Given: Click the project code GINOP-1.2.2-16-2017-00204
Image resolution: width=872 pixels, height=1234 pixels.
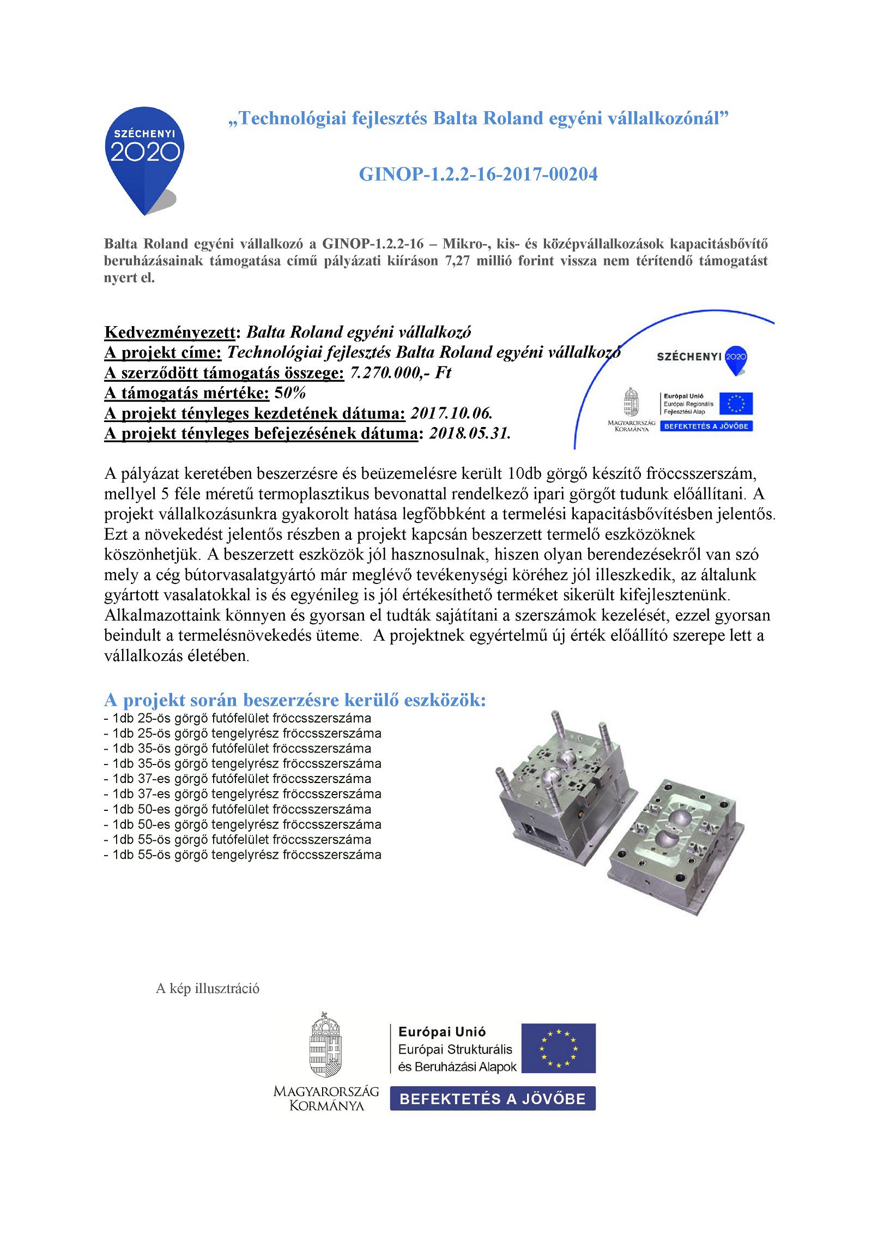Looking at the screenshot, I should pos(478,174).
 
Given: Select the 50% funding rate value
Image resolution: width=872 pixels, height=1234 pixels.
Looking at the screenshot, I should pos(290,393).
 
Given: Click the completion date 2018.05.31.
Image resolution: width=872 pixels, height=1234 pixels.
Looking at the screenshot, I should pos(470,434).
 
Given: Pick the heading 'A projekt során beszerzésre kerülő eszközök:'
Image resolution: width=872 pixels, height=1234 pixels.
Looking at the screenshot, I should pos(294,700).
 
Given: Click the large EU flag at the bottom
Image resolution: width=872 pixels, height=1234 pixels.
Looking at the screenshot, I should pos(558,1048).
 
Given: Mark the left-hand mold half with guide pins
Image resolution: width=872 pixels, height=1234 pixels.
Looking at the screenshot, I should pos(561,785).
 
